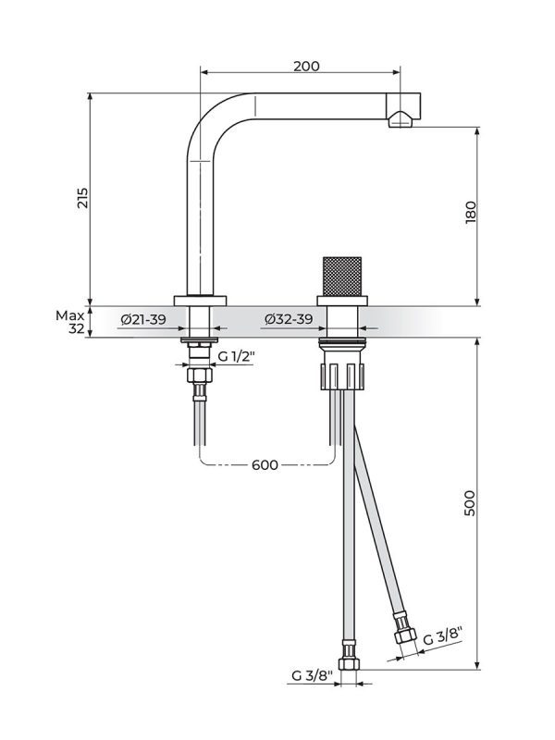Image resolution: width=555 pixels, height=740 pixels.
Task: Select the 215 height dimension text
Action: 82,197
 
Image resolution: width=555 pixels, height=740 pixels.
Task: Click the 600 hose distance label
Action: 265,464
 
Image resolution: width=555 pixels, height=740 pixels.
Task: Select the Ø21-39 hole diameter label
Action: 143,320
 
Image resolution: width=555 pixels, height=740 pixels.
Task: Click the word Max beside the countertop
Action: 68,314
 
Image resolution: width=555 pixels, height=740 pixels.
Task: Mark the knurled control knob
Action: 341,274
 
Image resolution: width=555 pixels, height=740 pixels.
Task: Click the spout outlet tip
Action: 401,117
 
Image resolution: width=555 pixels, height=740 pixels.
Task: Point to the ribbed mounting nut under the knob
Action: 341,375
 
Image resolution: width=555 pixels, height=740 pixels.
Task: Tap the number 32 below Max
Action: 76,328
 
